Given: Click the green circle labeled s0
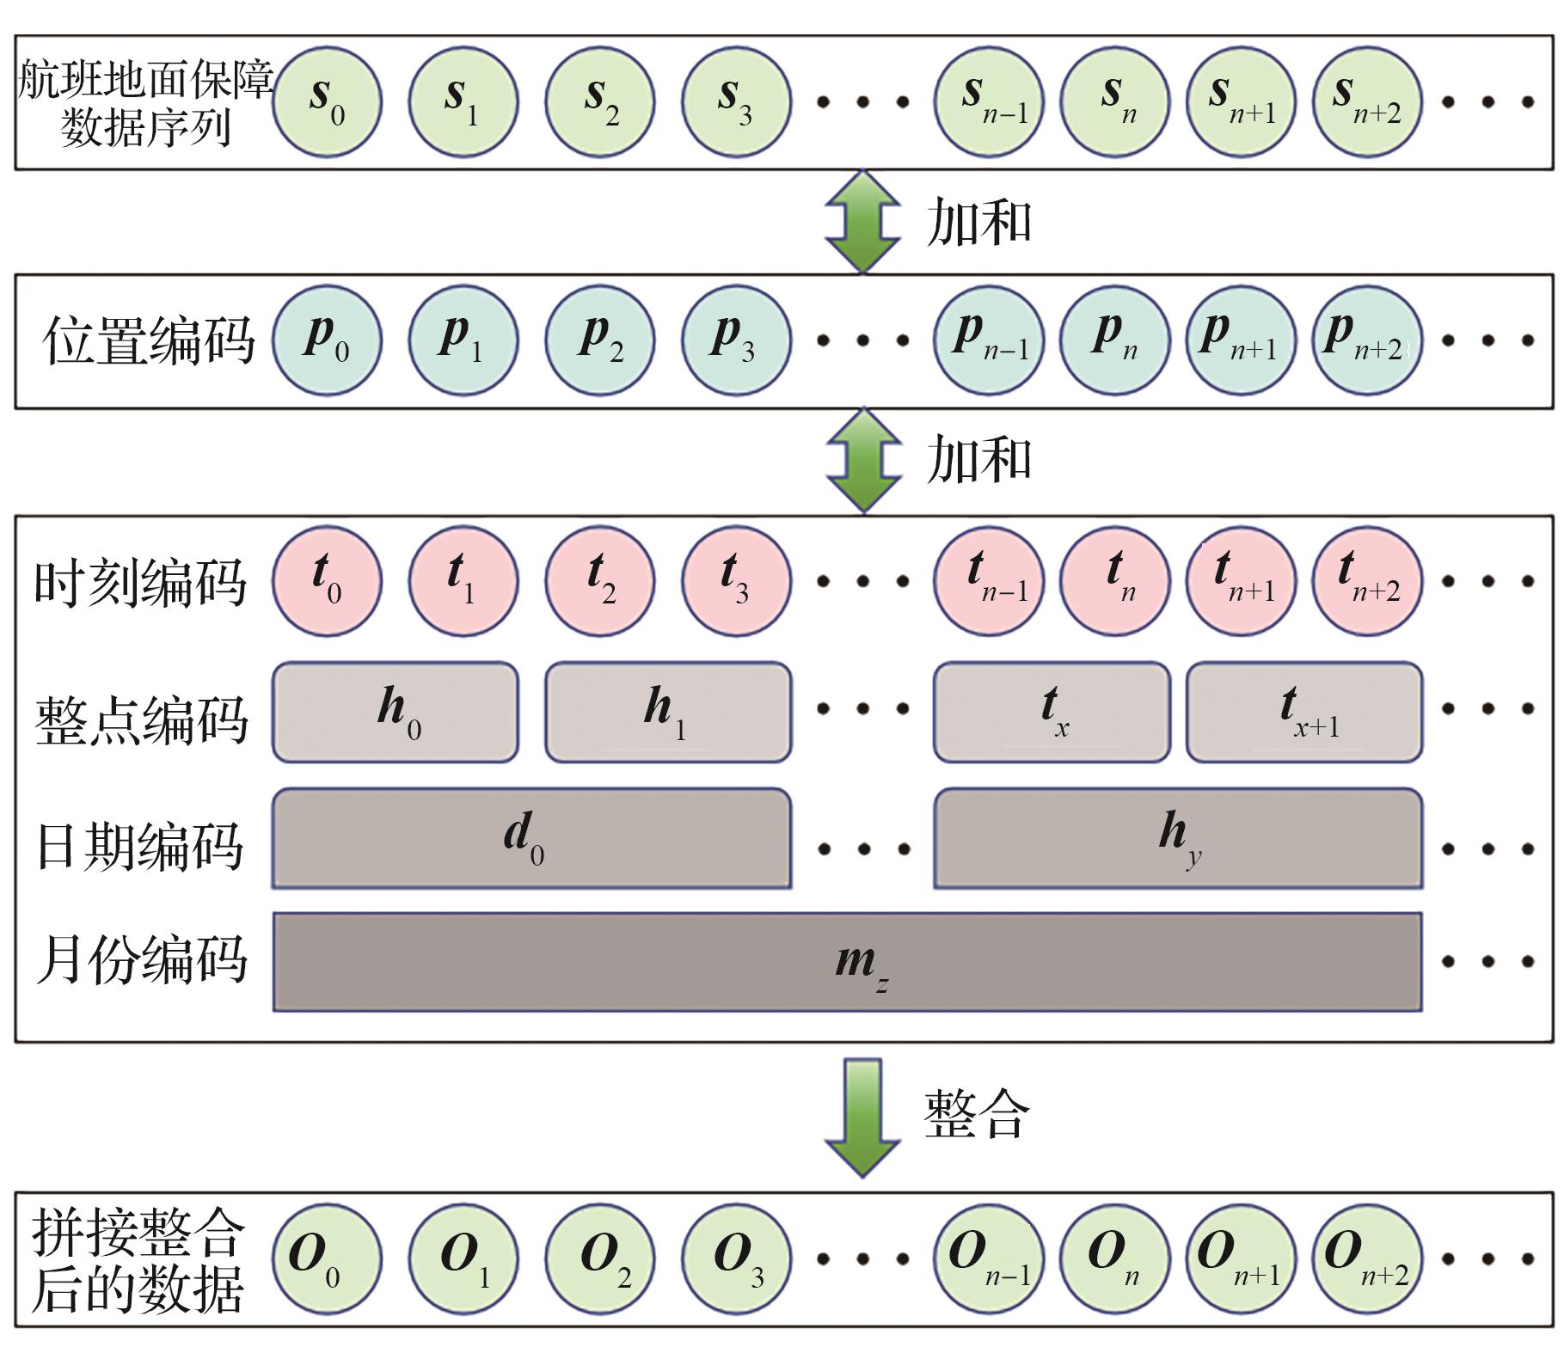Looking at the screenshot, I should [x=327, y=102].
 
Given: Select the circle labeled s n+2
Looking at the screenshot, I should [x=1367, y=102].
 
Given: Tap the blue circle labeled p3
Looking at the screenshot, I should [x=736, y=340].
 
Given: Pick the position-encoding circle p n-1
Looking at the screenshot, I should [x=989, y=340].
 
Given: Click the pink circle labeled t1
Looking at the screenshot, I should [x=463, y=581].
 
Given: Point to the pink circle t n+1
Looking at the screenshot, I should [x=1241, y=581].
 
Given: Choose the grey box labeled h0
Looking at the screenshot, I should [x=396, y=712].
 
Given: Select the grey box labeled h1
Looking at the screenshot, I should [x=668, y=712].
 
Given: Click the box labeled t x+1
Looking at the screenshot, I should [x=1304, y=712].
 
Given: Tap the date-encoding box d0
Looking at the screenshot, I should [x=531, y=838].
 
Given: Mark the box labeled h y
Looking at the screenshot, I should [x=1178, y=838].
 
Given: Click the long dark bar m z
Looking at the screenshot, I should [x=847, y=962].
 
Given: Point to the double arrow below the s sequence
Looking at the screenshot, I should [x=862, y=222].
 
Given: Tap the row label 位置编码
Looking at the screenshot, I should [x=148, y=340].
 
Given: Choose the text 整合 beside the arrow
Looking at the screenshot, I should [x=976, y=1115].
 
